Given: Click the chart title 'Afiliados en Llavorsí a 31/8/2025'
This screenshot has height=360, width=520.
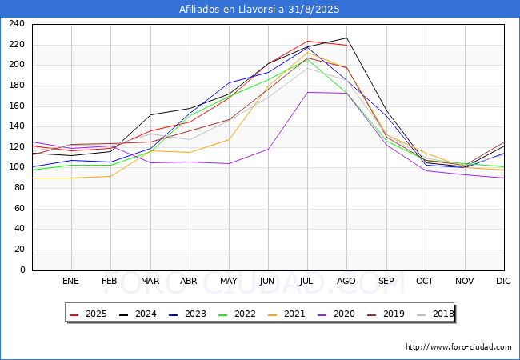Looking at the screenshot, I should click(260, 10).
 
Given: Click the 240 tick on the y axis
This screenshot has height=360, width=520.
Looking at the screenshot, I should click(17, 24).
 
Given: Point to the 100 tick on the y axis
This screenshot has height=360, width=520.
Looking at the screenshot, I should click(17, 167).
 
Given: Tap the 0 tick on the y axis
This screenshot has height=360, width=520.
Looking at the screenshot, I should click(22, 270).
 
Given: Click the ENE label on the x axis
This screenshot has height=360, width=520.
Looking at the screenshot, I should click(71, 282).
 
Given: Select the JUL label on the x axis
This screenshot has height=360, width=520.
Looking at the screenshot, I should click(307, 282).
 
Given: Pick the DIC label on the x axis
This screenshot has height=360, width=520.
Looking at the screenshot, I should click(503, 282).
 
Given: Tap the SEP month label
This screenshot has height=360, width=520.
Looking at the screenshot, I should click(386, 282).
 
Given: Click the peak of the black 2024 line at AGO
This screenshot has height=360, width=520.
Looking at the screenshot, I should click(346, 38).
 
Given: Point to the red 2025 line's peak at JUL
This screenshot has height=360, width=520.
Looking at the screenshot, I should click(307, 41).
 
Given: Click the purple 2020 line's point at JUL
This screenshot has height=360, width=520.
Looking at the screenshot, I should click(307, 92).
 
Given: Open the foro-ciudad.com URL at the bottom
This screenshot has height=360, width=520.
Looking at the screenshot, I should click(458, 347).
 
